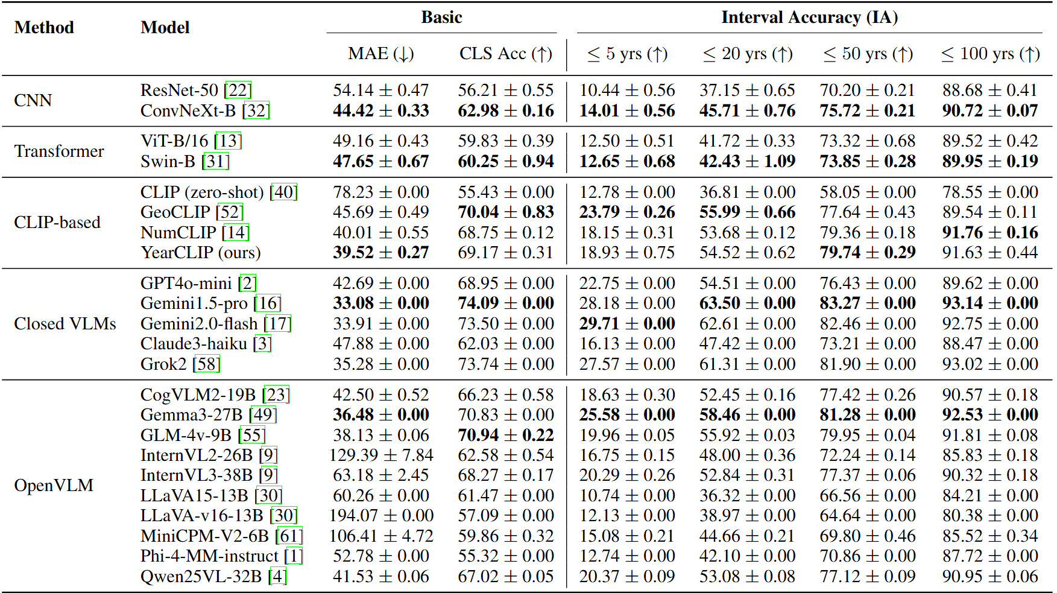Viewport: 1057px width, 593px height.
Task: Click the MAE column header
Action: pos(380,54)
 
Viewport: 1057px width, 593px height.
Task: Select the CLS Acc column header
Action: pos(505,54)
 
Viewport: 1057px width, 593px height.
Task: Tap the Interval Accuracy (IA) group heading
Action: pos(809,17)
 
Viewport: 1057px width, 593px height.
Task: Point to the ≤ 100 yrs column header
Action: pos(990,54)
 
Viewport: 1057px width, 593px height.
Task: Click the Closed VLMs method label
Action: pos(65,323)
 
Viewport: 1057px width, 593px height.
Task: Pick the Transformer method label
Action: pos(59,151)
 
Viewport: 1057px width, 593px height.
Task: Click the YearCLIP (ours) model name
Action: pos(201,252)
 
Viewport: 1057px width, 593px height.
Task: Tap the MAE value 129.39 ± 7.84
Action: pos(381,455)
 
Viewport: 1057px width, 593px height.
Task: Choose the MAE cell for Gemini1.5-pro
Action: pos(381,303)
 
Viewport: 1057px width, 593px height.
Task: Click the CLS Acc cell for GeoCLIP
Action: pos(505,212)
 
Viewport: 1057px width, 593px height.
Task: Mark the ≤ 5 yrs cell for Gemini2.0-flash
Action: pos(627,323)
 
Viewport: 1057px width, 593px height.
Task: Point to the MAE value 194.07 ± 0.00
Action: pos(381,515)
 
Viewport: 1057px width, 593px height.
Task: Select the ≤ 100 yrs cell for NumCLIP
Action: pos(990,232)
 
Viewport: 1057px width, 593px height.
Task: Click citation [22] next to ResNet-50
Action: pos(238,90)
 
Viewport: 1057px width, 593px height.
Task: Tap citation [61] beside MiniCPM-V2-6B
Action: pos(289,536)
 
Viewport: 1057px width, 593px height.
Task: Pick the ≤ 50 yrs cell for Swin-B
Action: pos(867,161)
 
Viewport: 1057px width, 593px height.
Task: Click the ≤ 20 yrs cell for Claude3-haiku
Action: pos(747,343)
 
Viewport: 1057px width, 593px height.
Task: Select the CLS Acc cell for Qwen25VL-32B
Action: pos(505,576)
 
